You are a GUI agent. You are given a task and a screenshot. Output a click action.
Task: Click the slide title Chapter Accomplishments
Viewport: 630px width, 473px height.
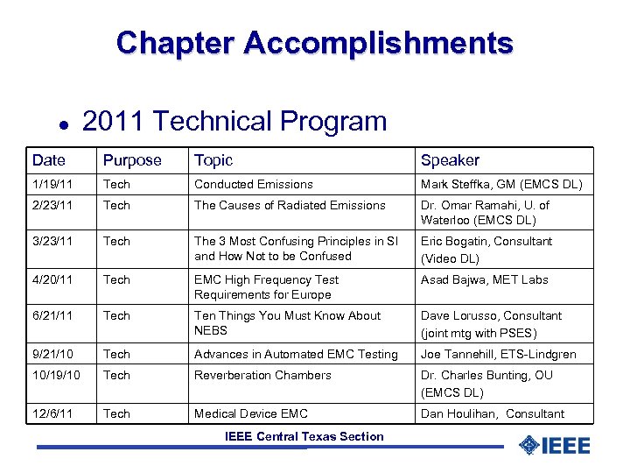tap(314, 42)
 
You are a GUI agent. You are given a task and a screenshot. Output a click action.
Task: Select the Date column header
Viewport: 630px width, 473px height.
tap(49, 160)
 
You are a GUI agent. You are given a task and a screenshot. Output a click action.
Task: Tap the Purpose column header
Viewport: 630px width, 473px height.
tap(132, 160)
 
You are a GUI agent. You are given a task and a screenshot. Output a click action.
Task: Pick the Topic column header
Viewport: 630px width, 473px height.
tap(213, 160)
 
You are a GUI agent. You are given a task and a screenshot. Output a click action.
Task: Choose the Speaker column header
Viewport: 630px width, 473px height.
tap(450, 160)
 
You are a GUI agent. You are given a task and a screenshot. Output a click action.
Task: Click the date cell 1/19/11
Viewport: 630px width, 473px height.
tap(51, 184)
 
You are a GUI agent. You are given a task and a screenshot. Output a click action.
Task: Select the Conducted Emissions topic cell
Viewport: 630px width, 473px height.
tap(253, 184)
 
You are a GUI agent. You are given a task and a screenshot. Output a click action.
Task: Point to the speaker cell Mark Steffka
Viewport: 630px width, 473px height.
tap(500, 184)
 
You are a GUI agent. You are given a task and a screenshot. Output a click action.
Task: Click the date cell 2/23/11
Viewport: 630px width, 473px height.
tap(51, 205)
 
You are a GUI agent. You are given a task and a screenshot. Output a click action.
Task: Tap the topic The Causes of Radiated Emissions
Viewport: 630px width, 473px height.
tap(290, 205)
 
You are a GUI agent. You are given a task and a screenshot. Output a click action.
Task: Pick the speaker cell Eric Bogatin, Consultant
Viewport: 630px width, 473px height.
tap(486, 249)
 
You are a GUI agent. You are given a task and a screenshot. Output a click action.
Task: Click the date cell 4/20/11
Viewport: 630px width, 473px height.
tap(51, 279)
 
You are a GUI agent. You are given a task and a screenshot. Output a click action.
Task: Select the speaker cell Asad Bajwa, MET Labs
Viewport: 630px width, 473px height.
tap(484, 279)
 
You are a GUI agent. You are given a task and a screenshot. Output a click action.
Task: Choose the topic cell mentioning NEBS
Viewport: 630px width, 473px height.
tap(287, 322)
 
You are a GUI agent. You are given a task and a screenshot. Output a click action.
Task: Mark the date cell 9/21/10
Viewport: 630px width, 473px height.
tap(51, 354)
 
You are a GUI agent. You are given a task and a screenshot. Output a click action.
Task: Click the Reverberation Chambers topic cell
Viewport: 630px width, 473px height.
tap(262, 375)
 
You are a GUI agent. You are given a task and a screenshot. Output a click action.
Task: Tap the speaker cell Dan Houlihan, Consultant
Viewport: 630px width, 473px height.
tap(492, 413)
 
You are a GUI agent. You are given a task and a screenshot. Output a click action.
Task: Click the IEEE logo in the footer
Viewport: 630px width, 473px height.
tap(555, 445)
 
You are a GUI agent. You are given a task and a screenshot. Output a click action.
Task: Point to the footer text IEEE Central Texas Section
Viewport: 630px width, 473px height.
tap(304, 436)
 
